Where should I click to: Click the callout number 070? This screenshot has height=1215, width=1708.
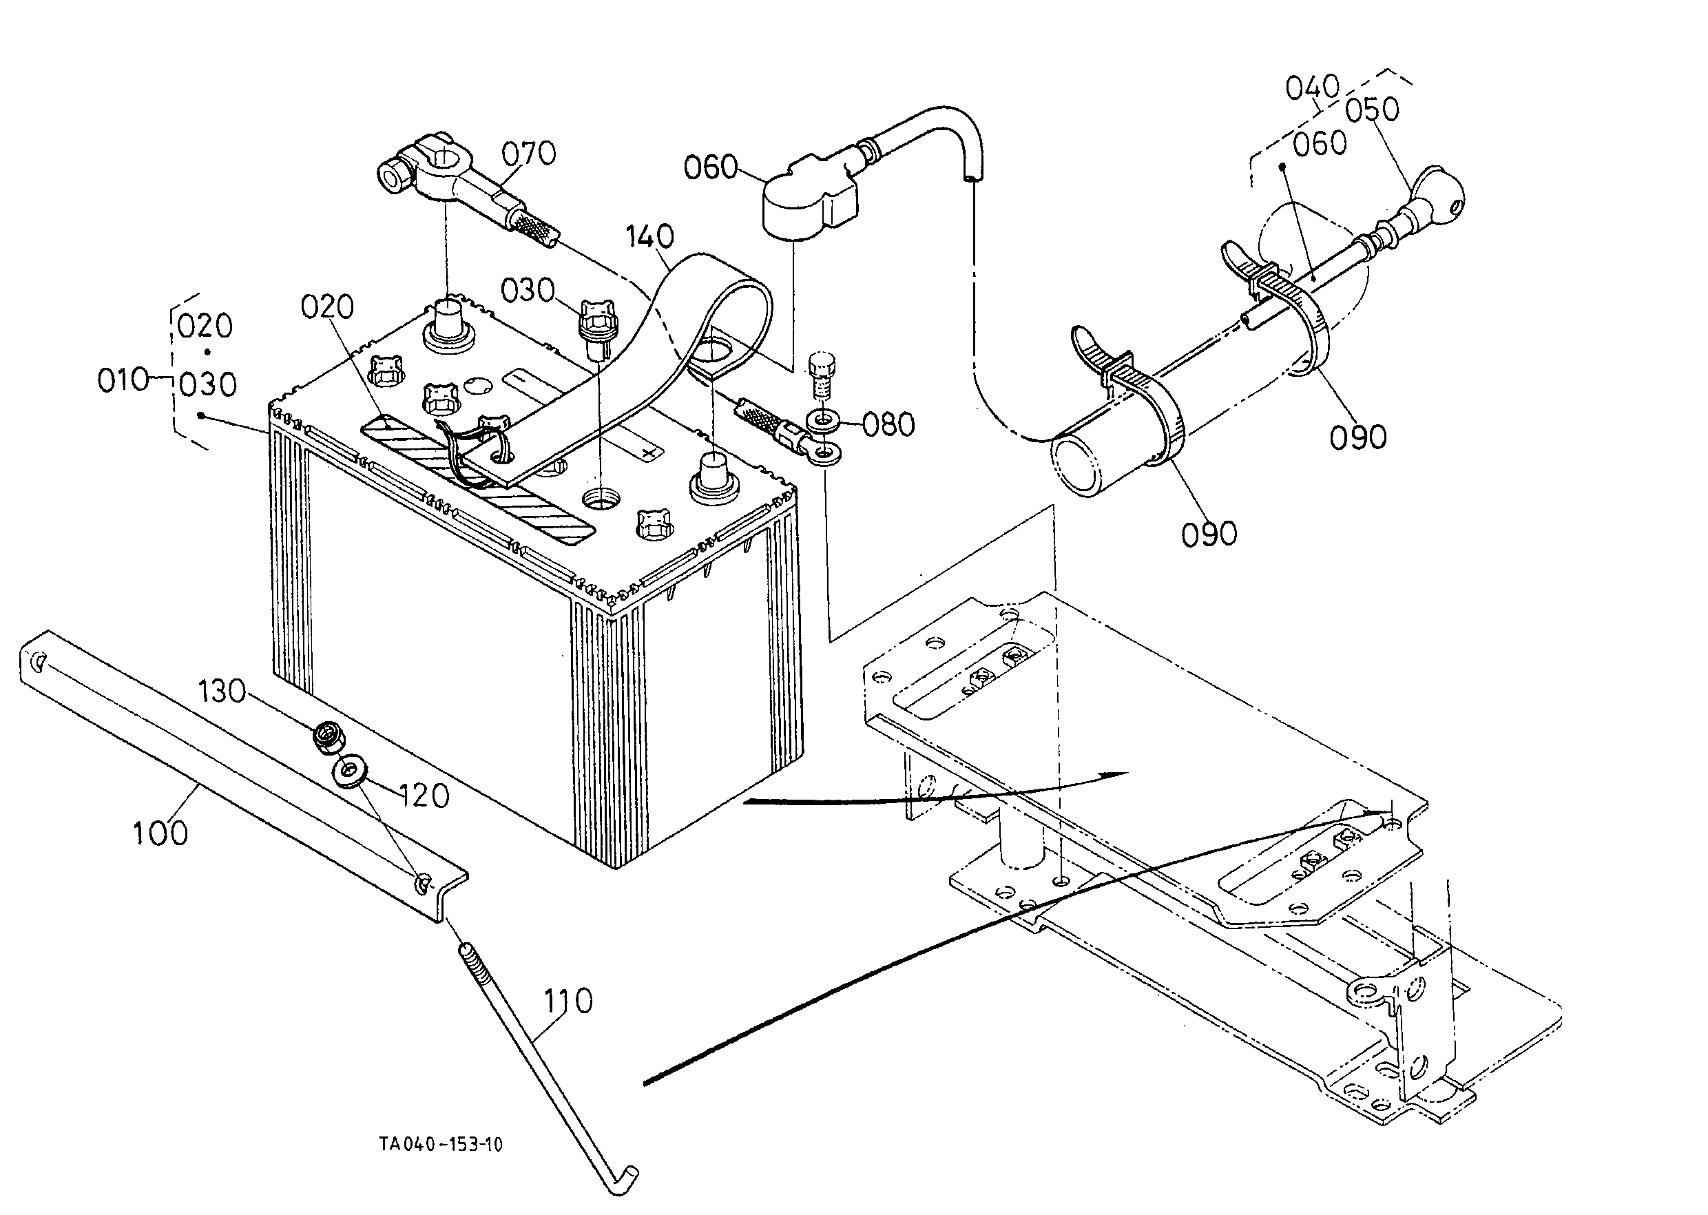point(528,154)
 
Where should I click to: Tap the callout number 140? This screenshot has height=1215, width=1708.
point(649,236)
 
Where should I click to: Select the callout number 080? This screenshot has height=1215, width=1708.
point(889,424)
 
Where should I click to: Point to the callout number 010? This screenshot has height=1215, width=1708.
point(123,380)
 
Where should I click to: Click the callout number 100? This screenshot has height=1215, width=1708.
point(160,833)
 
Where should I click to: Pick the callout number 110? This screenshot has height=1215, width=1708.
point(567,1000)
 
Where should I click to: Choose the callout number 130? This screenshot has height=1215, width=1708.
point(222,692)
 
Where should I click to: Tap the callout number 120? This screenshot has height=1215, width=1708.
point(424,796)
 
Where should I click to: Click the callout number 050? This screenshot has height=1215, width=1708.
point(1372,110)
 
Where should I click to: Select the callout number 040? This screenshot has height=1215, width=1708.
point(1312,87)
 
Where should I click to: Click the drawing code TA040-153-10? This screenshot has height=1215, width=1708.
point(441,1144)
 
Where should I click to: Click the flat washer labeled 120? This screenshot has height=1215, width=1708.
point(348,772)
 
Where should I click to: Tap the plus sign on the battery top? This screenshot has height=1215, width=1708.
point(652,452)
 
